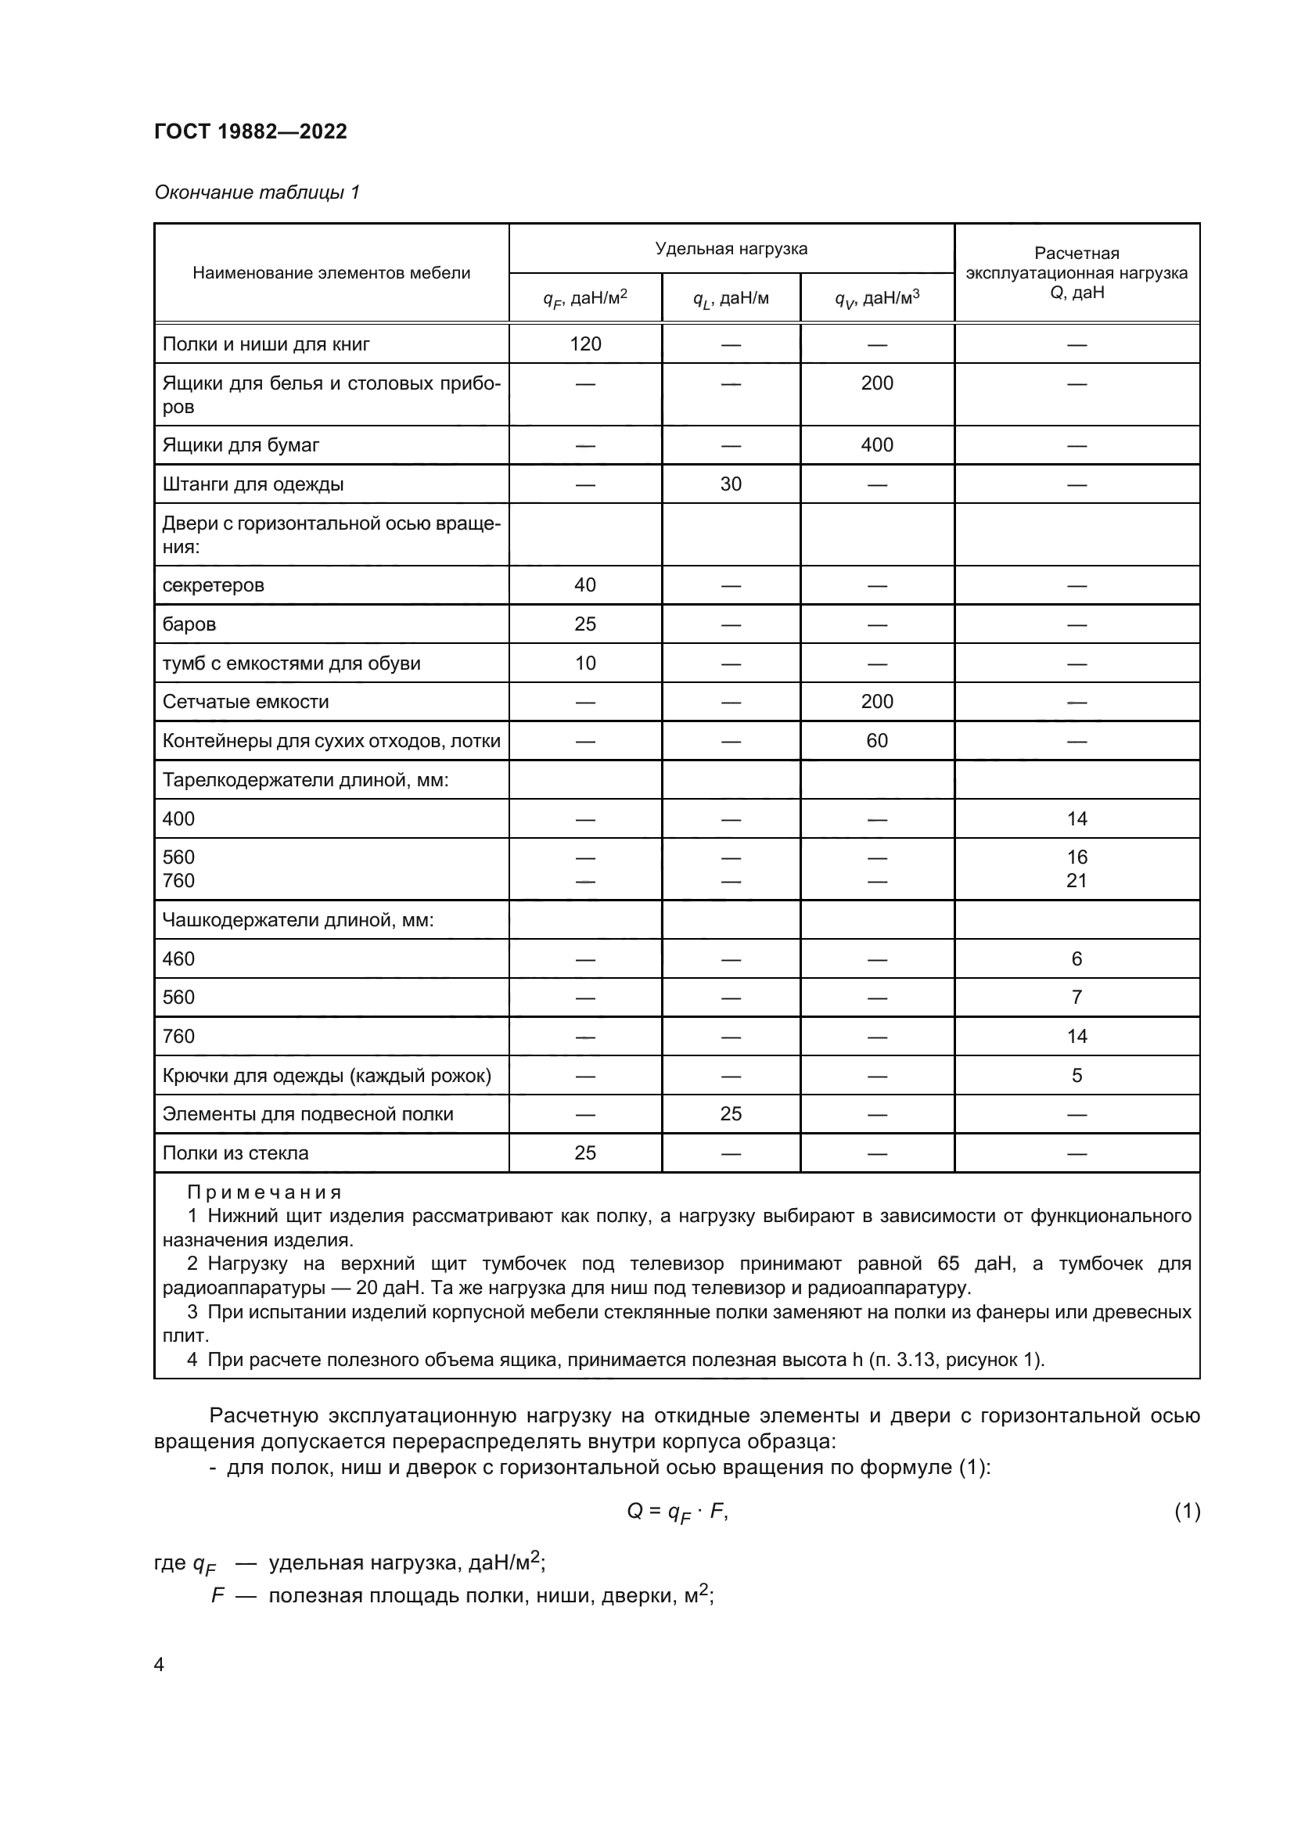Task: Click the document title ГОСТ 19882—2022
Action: click(250, 131)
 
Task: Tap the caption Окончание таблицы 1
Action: click(257, 192)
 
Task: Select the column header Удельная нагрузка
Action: click(731, 249)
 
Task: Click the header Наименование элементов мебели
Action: click(332, 272)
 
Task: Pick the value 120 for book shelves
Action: click(585, 344)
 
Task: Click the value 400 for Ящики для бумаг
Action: click(876, 444)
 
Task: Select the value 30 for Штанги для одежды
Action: click(731, 484)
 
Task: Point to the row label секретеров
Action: click(214, 585)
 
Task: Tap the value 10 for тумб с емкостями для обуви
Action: click(585, 663)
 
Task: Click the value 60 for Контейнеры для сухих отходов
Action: click(876, 740)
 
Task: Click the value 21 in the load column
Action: click(1077, 881)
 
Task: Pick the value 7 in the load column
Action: click(1077, 997)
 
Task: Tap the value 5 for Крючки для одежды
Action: click(1077, 1075)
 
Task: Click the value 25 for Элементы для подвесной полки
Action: click(731, 1113)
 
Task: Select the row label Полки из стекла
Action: click(235, 1152)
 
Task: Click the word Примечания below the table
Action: click(264, 1192)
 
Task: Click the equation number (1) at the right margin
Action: click(1187, 1510)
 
